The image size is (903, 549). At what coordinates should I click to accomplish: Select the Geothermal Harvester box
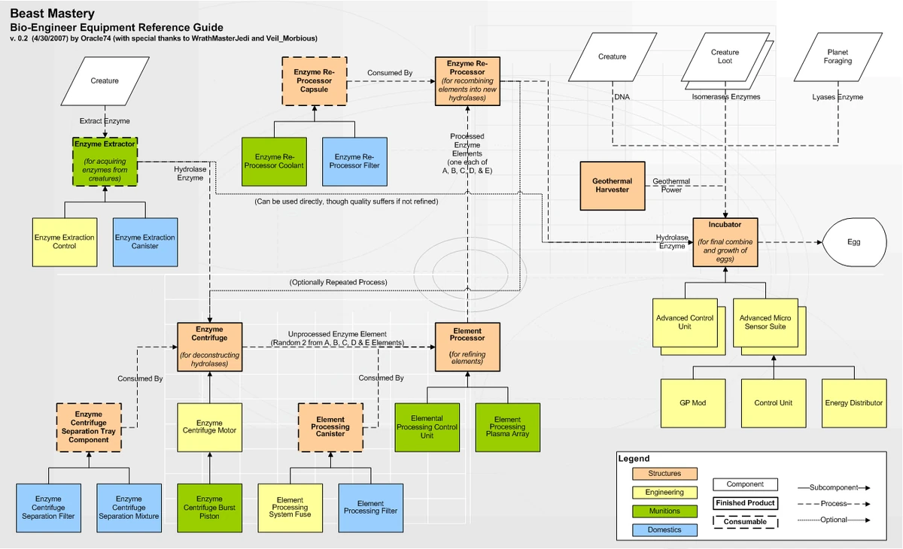(613, 186)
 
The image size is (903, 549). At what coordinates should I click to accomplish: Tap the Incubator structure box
(725, 241)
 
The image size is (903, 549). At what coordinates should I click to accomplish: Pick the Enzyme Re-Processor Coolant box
(273, 161)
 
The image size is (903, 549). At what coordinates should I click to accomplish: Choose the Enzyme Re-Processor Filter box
(355, 161)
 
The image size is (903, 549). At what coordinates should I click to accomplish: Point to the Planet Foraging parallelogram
(838, 56)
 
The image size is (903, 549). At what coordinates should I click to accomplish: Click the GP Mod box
(693, 403)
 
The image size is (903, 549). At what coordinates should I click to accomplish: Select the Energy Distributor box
(853, 403)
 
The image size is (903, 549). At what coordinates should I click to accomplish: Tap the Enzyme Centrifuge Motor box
(209, 427)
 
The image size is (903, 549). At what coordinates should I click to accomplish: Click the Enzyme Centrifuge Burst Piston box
(209, 508)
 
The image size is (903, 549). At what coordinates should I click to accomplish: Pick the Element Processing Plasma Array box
(507, 427)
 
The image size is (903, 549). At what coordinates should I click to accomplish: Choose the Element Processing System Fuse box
(290, 508)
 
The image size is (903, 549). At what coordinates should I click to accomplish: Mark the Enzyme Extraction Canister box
(145, 241)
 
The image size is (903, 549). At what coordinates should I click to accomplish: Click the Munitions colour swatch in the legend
(664, 511)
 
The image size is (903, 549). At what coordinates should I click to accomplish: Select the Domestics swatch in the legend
(664, 530)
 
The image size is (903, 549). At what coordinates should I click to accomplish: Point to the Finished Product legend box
(745, 503)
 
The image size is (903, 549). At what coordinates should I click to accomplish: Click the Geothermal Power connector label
(671, 186)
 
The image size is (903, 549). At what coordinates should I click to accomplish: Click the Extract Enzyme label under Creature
(105, 121)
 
